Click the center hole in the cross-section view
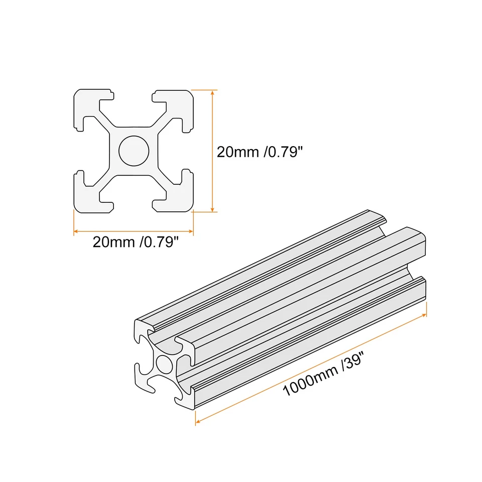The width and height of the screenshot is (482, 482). (134, 151)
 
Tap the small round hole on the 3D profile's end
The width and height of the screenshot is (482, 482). (164, 363)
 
